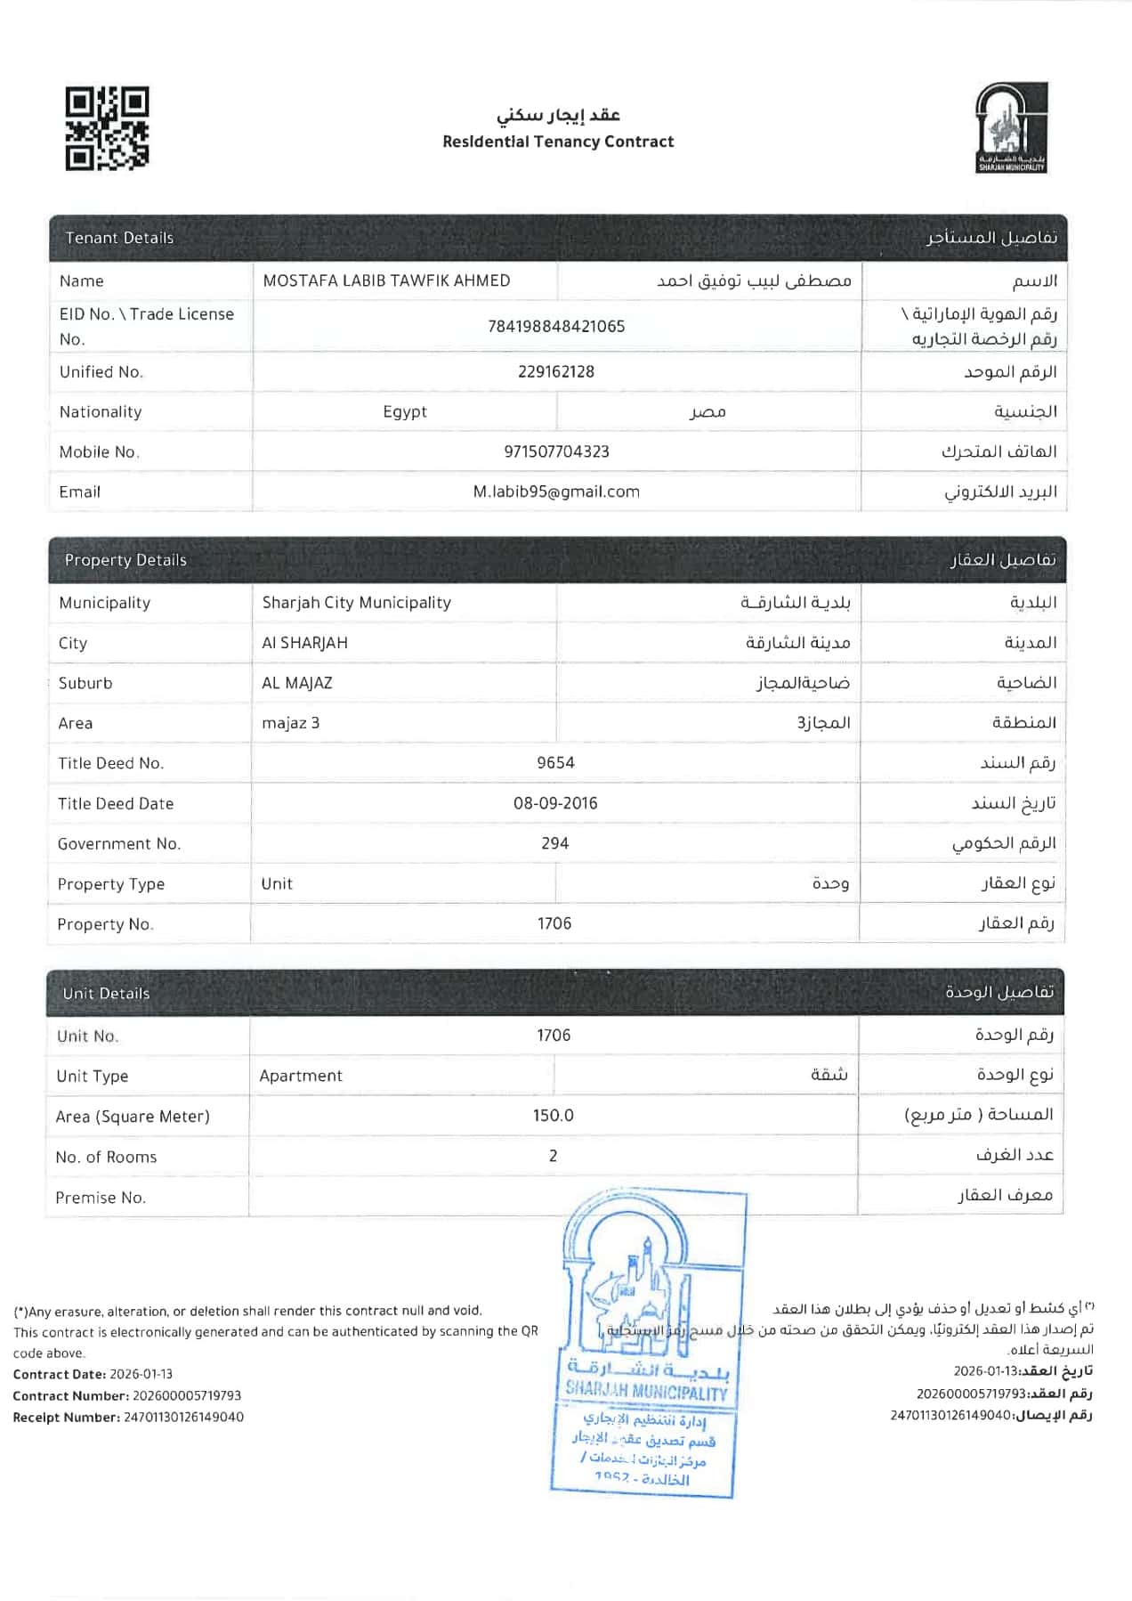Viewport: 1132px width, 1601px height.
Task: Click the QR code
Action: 107,128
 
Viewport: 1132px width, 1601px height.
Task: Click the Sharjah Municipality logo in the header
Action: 1012,127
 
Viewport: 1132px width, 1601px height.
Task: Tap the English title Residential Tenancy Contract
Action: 558,142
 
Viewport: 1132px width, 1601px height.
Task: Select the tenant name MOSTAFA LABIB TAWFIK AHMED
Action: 386,280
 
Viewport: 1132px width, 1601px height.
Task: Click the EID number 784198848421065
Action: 556,326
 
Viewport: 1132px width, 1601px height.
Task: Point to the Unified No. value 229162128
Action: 556,371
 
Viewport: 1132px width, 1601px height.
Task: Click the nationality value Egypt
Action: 405,411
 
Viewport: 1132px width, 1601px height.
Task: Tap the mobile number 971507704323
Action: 556,451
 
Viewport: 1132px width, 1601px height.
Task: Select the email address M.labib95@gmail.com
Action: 556,492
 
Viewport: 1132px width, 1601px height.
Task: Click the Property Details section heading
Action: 125,560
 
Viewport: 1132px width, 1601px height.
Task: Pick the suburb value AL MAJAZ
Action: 297,683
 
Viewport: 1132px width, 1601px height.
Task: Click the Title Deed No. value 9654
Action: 555,762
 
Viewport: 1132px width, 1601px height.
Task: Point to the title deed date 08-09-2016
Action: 555,803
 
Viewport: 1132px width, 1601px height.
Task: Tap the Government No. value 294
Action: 554,843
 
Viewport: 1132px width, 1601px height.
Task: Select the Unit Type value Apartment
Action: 301,1076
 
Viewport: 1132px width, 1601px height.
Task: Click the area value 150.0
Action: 554,1116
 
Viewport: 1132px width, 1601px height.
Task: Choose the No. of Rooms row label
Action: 106,1157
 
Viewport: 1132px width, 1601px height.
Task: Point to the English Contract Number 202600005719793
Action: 187,1395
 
